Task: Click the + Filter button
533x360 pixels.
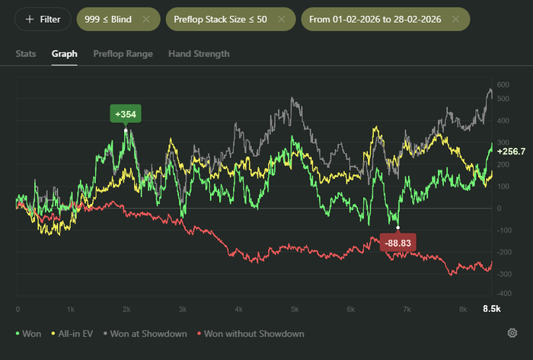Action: click(43, 19)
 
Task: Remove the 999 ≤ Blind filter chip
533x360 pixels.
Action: click(146, 19)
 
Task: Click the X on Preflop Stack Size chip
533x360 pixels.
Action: click(282, 19)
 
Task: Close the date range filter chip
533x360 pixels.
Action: click(455, 19)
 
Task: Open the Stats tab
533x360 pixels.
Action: click(26, 54)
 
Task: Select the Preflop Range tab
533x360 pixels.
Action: click(123, 54)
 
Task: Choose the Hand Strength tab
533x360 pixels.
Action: click(199, 54)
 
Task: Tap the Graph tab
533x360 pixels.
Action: click(65, 54)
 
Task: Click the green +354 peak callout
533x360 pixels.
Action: click(126, 114)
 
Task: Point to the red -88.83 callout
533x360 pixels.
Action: click(397, 243)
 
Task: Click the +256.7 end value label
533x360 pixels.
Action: click(511, 151)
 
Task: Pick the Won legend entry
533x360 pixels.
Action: click(29, 334)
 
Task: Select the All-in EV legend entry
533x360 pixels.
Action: click(72, 334)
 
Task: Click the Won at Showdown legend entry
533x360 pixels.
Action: click(145, 334)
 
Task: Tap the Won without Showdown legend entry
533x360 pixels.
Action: click(251, 334)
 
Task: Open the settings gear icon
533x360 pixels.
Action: click(512, 333)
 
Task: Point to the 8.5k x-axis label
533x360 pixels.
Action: click(492, 309)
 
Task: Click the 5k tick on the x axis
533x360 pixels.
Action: click(295, 309)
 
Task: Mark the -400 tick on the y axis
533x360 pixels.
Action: click(504, 294)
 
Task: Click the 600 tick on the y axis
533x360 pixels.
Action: click(503, 84)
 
